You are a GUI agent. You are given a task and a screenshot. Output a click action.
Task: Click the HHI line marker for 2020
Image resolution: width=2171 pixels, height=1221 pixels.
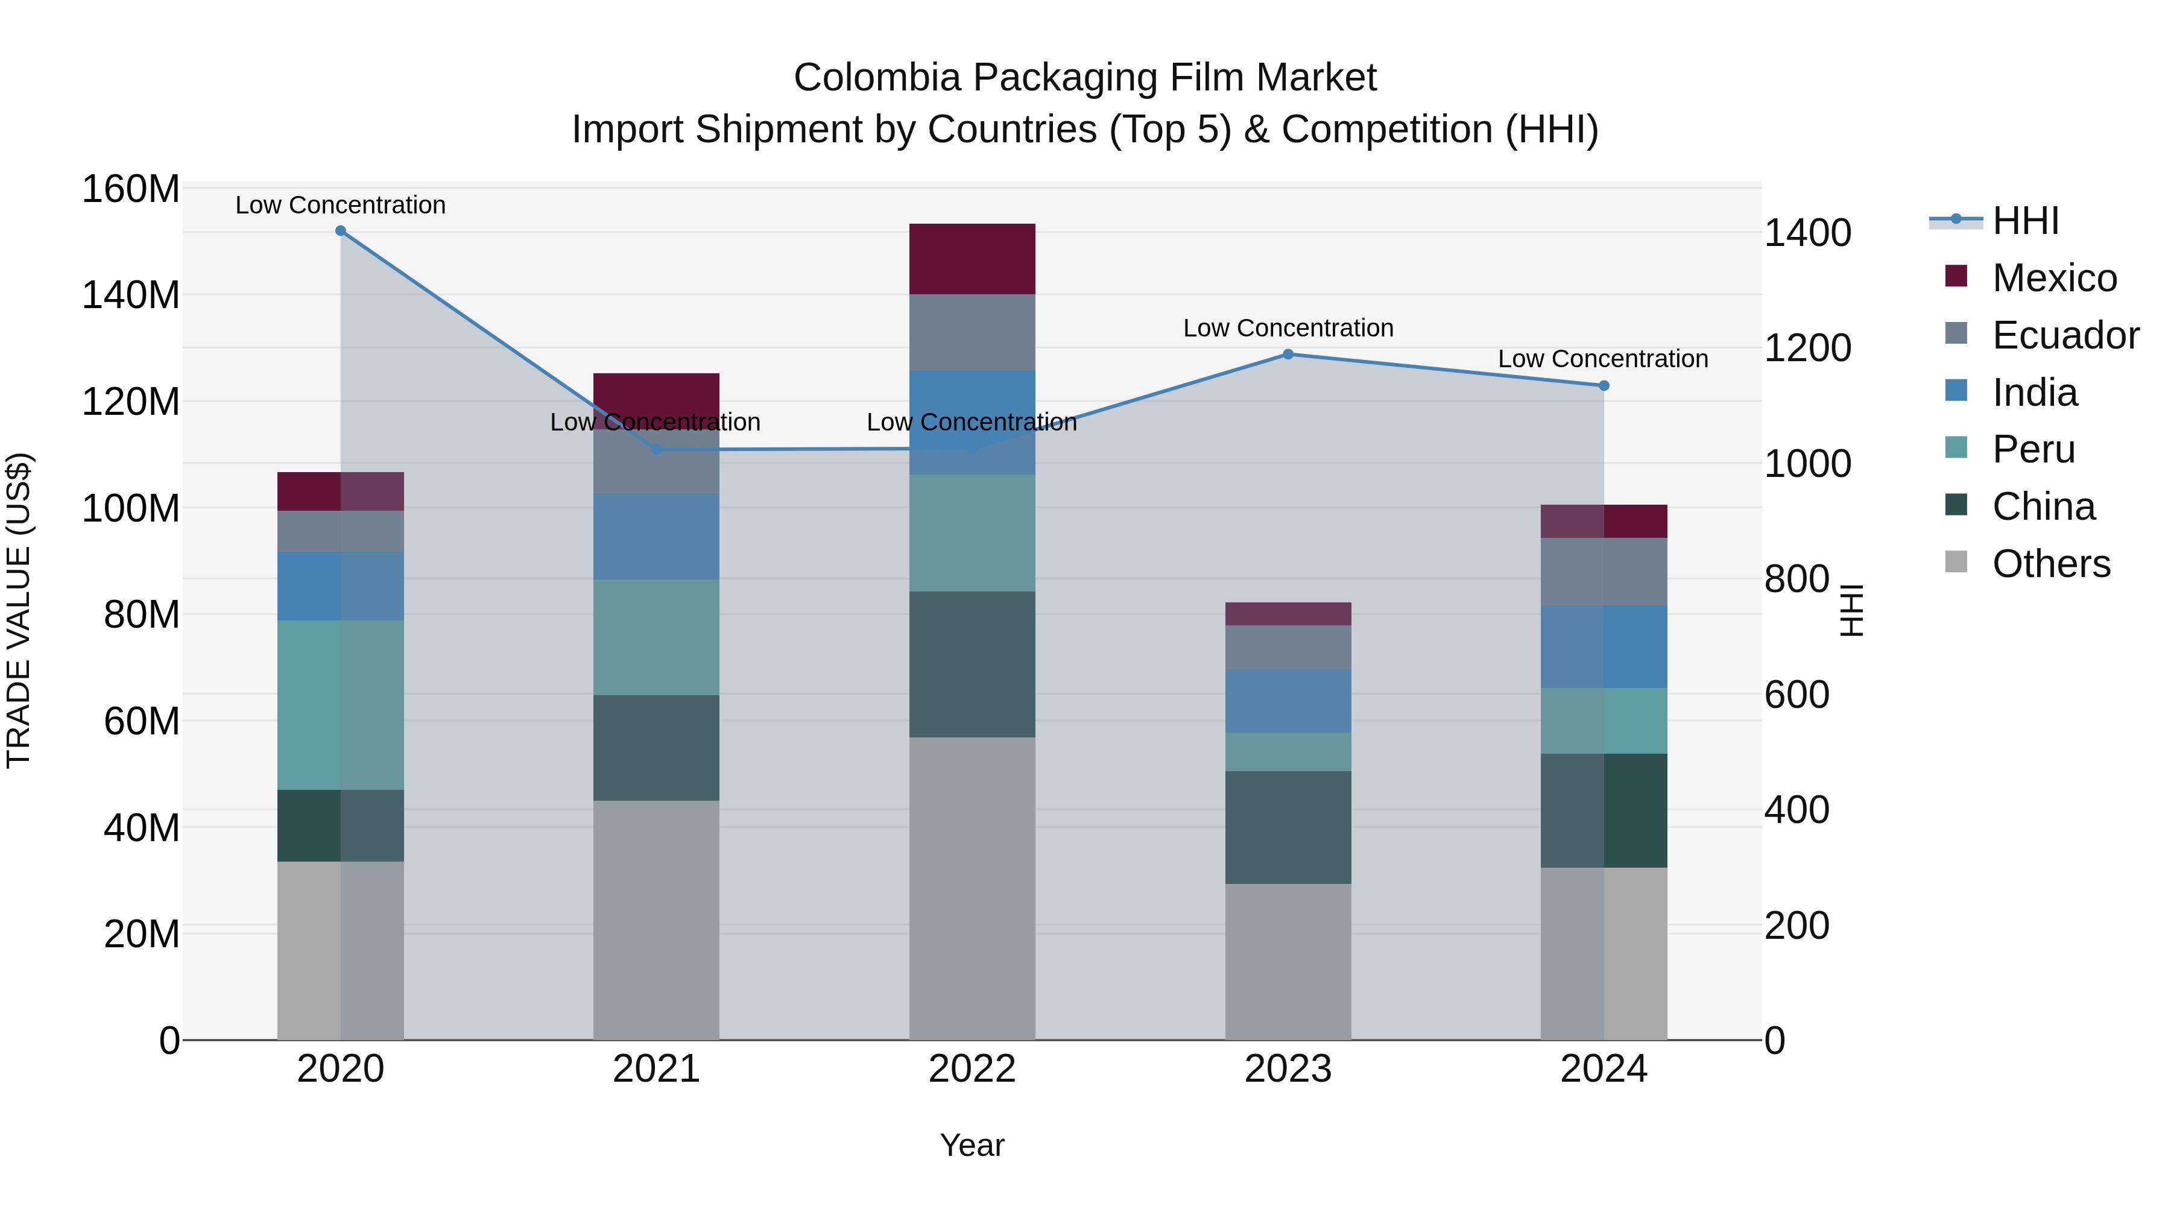pos(341,231)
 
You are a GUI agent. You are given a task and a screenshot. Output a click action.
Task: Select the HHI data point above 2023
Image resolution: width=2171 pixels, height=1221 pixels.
pos(1288,355)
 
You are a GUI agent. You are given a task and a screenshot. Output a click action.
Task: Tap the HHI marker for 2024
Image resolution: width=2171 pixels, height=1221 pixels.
pos(1604,386)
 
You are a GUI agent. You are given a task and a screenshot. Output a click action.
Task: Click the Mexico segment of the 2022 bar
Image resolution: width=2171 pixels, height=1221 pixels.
pos(972,259)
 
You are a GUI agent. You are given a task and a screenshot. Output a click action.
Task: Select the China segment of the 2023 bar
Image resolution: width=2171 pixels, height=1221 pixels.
pos(1288,827)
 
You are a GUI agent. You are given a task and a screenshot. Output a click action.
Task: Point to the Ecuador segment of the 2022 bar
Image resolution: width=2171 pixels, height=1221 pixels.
pos(972,332)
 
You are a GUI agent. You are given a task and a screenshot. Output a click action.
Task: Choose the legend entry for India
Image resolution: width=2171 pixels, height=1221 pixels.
pos(2035,393)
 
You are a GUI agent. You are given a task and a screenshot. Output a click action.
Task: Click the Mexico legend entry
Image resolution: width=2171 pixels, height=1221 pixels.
pos(2054,278)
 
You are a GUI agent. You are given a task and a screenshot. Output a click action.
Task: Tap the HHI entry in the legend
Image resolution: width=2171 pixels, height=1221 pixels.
pos(2025,221)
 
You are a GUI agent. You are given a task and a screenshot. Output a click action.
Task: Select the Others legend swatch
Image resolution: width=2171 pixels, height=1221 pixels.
pos(1956,562)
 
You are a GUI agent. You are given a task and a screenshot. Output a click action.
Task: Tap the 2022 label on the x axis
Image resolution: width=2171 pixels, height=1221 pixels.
pos(972,1069)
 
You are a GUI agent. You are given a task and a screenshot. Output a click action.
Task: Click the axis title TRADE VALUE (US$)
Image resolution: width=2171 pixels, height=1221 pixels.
pos(19,610)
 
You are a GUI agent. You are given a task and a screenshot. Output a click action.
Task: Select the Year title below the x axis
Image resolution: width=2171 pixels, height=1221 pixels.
pos(972,1145)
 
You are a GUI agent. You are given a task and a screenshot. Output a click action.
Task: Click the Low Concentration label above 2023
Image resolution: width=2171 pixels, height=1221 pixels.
pos(1288,328)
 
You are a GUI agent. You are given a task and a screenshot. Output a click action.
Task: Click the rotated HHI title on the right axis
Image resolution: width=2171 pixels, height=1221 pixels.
pos(1851,610)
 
